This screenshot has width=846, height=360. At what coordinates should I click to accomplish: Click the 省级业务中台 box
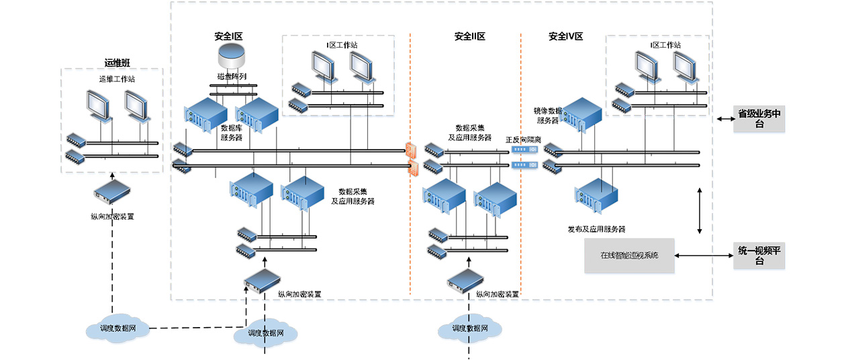tap(759, 118)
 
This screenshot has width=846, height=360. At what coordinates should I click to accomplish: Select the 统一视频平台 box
tap(759, 256)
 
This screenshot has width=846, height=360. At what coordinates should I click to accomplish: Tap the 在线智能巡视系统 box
tap(629, 255)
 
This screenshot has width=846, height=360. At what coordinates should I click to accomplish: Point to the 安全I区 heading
tap(228, 36)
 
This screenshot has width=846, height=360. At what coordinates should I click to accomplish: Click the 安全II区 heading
tap(469, 36)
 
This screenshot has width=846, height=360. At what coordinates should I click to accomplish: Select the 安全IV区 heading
tap(565, 36)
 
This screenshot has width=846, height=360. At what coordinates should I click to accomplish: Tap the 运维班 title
tap(117, 63)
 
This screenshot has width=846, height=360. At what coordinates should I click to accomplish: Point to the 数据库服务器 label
tap(232, 132)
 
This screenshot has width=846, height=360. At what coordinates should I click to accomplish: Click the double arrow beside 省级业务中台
tap(724, 119)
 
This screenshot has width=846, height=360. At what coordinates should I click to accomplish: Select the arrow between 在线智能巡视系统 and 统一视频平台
tap(704, 256)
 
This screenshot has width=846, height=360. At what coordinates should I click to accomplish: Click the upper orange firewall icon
tap(412, 150)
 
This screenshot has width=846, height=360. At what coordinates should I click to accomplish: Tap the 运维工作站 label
tap(117, 79)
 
